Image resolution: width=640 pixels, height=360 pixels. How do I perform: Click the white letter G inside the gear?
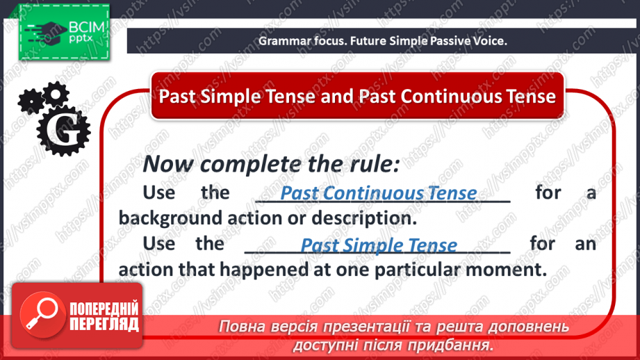tap(63, 130)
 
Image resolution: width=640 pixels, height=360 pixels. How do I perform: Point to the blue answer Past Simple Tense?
tap(379, 245)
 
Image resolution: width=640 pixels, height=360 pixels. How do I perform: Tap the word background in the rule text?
tap(170, 219)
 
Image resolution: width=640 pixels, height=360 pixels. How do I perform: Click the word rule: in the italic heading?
tap(375, 164)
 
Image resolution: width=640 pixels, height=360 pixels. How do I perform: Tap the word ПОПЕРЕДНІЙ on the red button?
tap(104, 309)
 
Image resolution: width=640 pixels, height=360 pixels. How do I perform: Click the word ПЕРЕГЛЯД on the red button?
tap(104, 324)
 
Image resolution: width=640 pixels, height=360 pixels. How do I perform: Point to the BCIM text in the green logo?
tap(87, 28)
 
